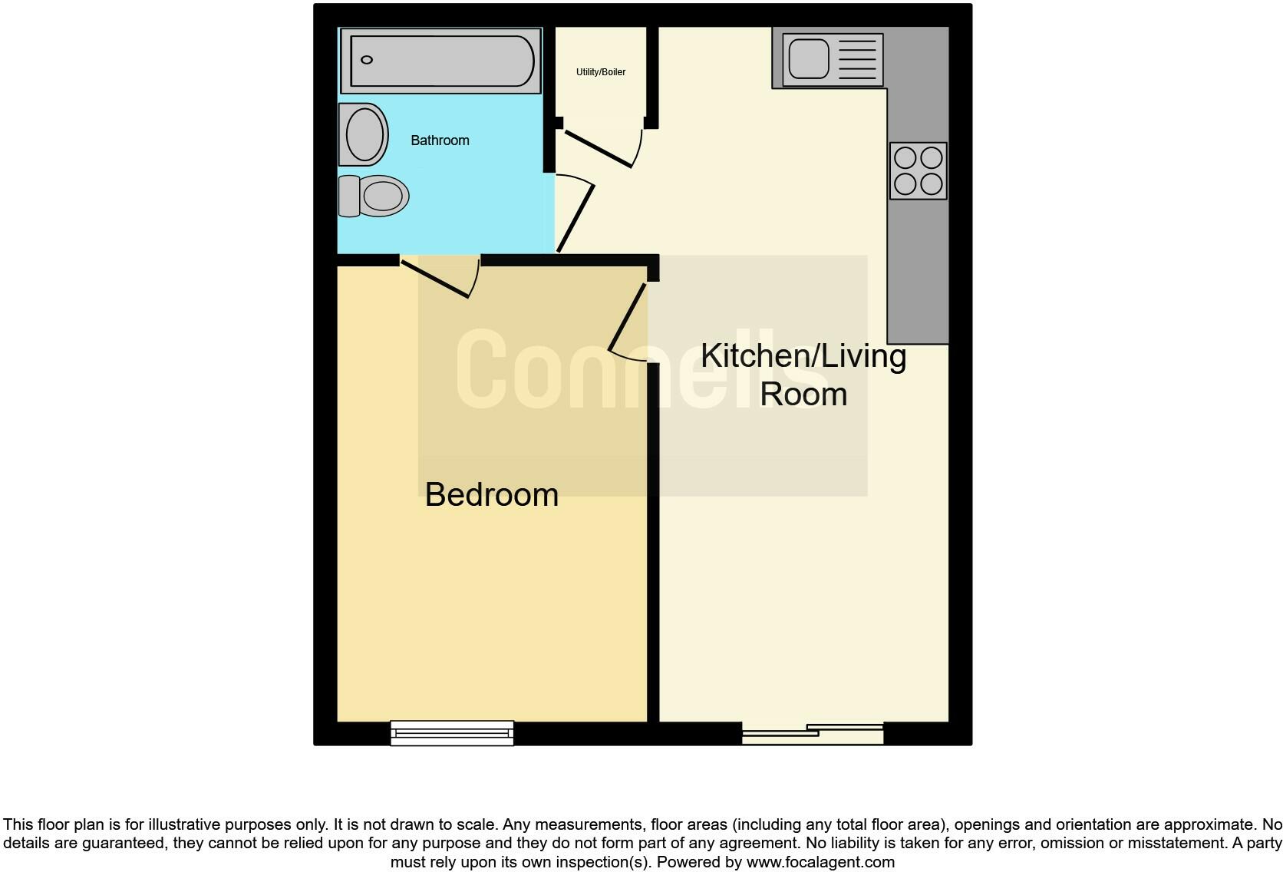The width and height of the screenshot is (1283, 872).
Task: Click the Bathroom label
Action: (x=440, y=140)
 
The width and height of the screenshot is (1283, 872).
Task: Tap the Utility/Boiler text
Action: (x=601, y=72)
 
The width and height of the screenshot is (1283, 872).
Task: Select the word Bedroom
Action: (x=491, y=495)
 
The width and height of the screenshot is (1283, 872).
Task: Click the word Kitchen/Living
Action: (x=803, y=356)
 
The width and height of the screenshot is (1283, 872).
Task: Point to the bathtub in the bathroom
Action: (x=440, y=61)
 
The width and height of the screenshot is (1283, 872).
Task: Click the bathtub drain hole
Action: (x=367, y=60)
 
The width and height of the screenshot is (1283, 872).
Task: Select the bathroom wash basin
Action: (x=364, y=134)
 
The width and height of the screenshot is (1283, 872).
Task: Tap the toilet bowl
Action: (x=383, y=196)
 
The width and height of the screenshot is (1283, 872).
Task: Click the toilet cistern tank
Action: (x=348, y=196)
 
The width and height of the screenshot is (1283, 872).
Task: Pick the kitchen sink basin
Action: (x=809, y=58)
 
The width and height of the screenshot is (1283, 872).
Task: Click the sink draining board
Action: (x=857, y=58)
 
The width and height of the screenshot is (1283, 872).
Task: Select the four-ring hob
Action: (x=918, y=170)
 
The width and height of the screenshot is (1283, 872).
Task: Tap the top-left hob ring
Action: (x=905, y=158)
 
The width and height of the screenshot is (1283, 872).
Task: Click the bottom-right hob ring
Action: (x=931, y=184)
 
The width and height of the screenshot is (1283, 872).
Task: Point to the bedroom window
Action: (x=452, y=733)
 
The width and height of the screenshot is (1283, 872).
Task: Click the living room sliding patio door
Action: (x=813, y=733)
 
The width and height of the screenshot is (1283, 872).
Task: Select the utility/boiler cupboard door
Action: (x=599, y=148)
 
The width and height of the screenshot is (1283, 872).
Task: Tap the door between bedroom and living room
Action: (x=627, y=318)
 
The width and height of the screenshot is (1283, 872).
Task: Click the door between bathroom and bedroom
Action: (x=435, y=278)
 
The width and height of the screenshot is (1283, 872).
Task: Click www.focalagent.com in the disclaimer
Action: (x=820, y=862)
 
